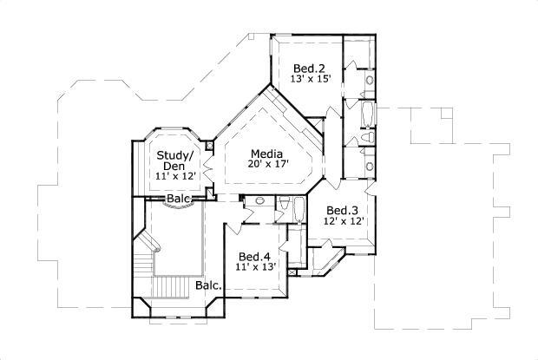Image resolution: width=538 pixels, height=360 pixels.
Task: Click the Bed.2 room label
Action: [x=308, y=69]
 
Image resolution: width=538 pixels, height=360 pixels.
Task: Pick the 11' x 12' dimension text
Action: [x=175, y=177]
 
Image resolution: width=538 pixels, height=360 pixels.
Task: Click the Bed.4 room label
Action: [x=254, y=256]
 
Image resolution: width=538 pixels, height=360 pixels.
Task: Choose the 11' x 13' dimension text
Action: [x=254, y=267]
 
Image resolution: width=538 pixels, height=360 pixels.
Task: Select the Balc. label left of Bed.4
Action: [x=208, y=285]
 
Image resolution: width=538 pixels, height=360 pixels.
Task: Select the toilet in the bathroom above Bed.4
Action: [x=284, y=205]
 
